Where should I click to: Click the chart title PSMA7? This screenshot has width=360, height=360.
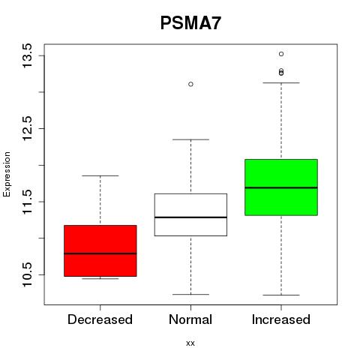coord(190,23)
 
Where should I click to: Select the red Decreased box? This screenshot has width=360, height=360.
coord(100,250)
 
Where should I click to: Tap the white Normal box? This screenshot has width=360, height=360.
coord(190,214)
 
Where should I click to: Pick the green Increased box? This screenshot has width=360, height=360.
coord(281,187)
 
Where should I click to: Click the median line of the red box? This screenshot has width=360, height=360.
coord(100,253)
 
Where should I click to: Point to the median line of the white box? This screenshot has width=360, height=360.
coord(190,217)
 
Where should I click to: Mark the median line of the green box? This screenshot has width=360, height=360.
coord(281,187)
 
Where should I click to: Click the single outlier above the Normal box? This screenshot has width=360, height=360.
coord(190,84)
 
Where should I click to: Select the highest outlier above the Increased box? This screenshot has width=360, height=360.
coord(281,54)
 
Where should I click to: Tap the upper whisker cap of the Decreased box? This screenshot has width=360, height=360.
coord(100,175)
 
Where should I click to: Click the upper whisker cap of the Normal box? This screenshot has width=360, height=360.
coord(190,139)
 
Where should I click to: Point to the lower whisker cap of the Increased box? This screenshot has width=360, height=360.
coord(281,295)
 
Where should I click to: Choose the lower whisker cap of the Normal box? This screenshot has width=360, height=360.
coord(190,294)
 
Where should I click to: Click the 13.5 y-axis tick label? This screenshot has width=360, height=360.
coord(27,55)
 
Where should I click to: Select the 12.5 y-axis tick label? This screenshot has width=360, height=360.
coord(27,128)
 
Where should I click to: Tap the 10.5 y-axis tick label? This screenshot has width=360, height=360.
coord(27,274)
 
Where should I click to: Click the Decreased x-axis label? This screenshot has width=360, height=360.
coord(100,319)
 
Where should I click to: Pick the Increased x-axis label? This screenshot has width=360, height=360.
coord(281,319)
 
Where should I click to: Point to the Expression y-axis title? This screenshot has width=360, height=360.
coord(7,174)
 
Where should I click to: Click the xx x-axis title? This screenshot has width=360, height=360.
coord(190,343)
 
